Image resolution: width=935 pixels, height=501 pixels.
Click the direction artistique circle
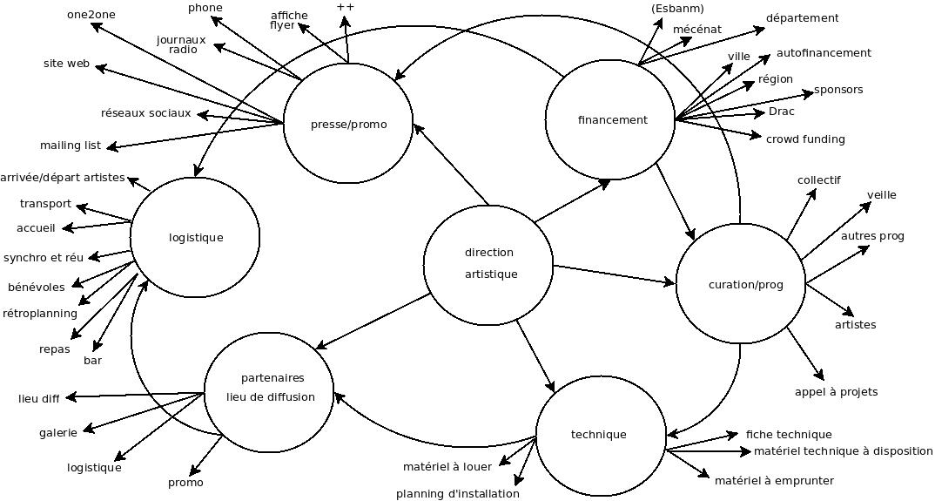pos(488,264)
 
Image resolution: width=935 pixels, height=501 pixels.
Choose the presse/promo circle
pos(348,124)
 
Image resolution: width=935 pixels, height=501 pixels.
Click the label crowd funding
pos(805,139)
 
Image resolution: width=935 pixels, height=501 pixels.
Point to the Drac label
pos(782,112)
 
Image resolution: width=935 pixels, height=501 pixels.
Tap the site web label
pos(67,64)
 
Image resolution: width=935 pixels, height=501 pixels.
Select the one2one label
pos(91,15)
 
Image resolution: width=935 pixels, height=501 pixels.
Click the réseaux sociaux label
pos(145,113)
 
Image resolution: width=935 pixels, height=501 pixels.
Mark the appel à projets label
pos(836,392)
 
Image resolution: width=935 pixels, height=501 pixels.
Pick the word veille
pos(881,195)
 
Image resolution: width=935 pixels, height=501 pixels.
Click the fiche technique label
pos(789,435)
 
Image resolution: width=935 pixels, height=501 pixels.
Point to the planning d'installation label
pos(457,494)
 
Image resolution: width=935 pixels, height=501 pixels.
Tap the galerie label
pos(58,433)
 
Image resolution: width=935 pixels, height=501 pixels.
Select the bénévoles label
pos(37,288)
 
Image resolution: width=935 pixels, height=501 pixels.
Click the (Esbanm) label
pos(677,9)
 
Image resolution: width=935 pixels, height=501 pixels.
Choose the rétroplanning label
pos(40,314)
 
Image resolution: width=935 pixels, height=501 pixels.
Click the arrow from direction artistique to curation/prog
pos(614,274)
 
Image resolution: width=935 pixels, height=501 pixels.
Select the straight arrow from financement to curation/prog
pos(675,200)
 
